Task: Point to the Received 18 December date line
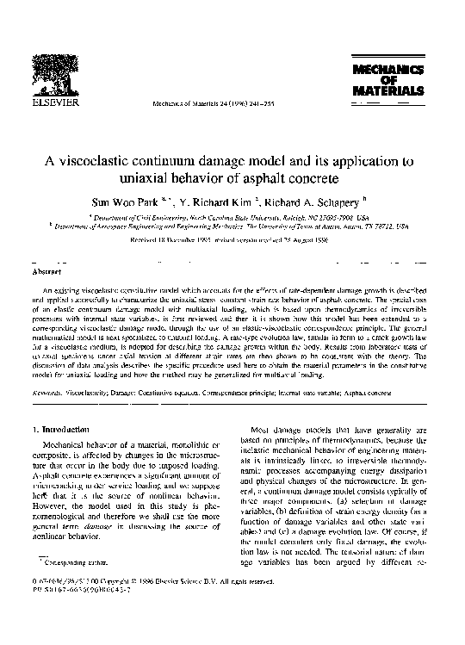click(x=232, y=242)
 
